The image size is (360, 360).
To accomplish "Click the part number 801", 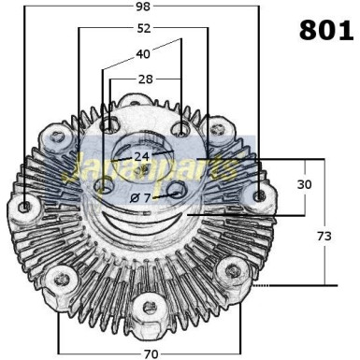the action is point(326,30).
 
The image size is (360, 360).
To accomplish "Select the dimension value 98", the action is point(143,7).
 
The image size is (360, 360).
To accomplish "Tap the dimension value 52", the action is point(144,29).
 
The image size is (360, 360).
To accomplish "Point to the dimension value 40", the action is point(143,54).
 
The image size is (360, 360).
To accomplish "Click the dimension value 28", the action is point(146,79).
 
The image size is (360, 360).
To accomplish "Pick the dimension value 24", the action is point(142,156).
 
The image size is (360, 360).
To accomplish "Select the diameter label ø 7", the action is point(140,197).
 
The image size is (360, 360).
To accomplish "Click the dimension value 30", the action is point(304,184).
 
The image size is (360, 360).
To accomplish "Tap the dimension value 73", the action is point(324,237).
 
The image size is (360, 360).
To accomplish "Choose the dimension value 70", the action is point(151,354).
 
